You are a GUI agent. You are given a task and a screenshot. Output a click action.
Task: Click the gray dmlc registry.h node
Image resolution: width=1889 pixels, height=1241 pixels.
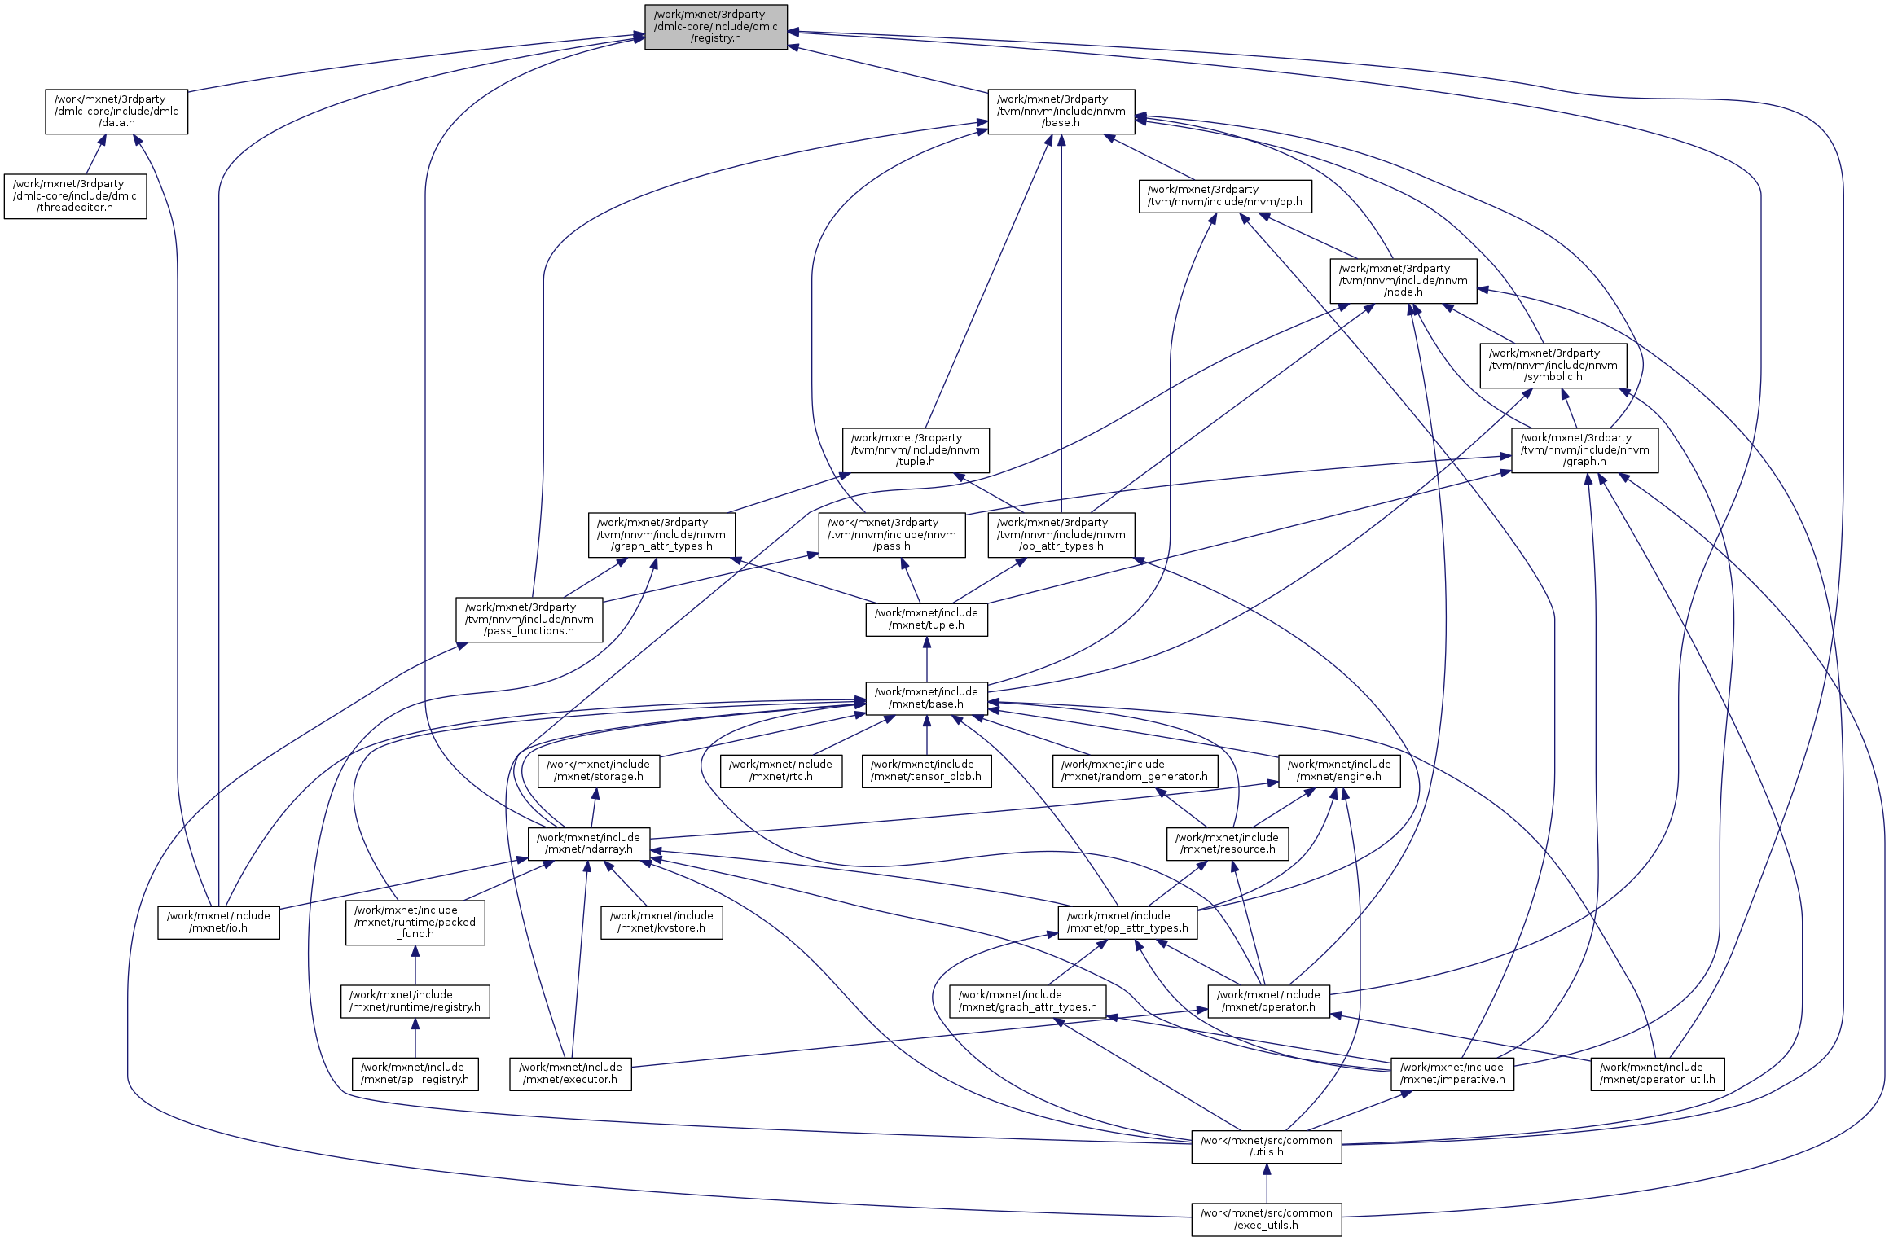[x=715, y=27]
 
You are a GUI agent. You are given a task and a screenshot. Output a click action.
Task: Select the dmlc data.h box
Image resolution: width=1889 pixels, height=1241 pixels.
[x=116, y=112]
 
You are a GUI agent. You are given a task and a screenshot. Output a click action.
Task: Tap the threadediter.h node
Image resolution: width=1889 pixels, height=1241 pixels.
[x=75, y=196]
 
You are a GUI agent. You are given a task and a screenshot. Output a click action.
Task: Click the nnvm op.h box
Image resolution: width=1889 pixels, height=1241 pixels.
[x=1224, y=196]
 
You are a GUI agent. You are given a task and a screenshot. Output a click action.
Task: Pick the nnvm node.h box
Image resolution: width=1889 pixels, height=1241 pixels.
[x=1403, y=281]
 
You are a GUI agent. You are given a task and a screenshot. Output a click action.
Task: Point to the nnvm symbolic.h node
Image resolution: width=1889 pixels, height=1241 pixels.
[x=1553, y=366]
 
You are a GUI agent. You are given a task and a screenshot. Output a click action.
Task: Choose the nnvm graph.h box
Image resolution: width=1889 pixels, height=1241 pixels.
[x=1584, y=450]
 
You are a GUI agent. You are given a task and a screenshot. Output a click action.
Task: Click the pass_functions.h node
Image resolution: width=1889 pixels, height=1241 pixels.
[x=529, y=620]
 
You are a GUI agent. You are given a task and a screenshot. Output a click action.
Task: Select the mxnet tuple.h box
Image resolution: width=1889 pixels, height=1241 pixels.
[x=926, y=620]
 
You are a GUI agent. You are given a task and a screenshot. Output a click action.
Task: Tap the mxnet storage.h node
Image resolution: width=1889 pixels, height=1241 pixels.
[x=598, y=771]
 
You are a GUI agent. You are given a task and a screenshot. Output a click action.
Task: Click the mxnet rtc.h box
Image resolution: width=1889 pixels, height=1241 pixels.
[x=780, y=771]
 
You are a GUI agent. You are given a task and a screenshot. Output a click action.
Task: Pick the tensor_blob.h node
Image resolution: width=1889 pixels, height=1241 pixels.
[x=926, y=771]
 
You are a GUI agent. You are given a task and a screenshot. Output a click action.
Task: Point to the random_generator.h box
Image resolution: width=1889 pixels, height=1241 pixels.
[x=1135, y=771]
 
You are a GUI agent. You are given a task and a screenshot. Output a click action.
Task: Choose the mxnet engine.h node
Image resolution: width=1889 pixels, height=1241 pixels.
[x=1338, y=771]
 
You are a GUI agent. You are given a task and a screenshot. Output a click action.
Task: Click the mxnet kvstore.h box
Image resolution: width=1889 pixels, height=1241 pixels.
[x=661, y=923]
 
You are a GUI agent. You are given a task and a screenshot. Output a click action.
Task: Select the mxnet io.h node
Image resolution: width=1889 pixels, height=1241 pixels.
[x=218, y=923]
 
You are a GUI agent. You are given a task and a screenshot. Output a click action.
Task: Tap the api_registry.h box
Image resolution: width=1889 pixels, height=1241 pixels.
[x=415, y=1074]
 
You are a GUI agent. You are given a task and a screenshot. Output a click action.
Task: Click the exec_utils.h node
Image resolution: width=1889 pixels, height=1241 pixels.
[x=1266, y=1220]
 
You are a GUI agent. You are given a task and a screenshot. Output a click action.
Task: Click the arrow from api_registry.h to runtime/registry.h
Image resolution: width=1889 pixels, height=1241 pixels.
[x=415, y=1038]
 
